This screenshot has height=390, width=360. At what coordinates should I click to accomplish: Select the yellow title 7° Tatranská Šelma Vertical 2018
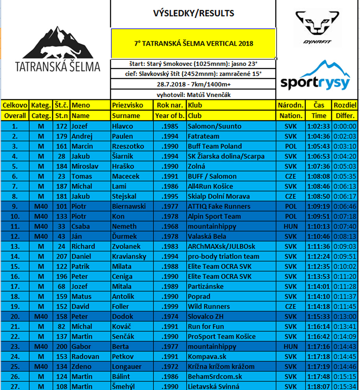point(193,43)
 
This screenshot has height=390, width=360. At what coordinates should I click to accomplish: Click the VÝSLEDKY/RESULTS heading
point(193,14)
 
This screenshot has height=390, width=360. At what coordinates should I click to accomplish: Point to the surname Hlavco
point(122,126)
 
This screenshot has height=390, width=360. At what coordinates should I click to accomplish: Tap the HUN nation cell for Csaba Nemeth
point(290,226)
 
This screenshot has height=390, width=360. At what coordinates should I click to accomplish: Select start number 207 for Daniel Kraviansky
point(62,256)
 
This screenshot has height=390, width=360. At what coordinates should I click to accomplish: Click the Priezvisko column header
point(127,105)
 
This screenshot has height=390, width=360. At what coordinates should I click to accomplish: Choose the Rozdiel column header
point(345,105)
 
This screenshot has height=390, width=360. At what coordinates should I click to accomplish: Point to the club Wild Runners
point(209,306)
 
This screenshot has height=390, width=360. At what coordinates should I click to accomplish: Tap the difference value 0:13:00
point(345,316)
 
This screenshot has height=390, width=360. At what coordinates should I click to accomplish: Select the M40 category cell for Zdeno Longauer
point(41,366)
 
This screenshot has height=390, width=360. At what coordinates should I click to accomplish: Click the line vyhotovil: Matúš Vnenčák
point(193,95)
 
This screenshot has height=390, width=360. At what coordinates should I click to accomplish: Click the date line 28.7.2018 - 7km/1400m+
point(193,84)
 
